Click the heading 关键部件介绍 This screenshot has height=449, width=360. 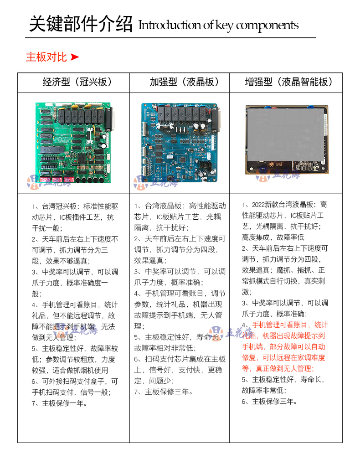81,24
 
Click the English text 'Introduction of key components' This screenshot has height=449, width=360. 218,25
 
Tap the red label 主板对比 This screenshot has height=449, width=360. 46,57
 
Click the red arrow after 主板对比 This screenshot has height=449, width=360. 75,57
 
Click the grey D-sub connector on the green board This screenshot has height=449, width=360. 109,119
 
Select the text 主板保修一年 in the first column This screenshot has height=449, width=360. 64,403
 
